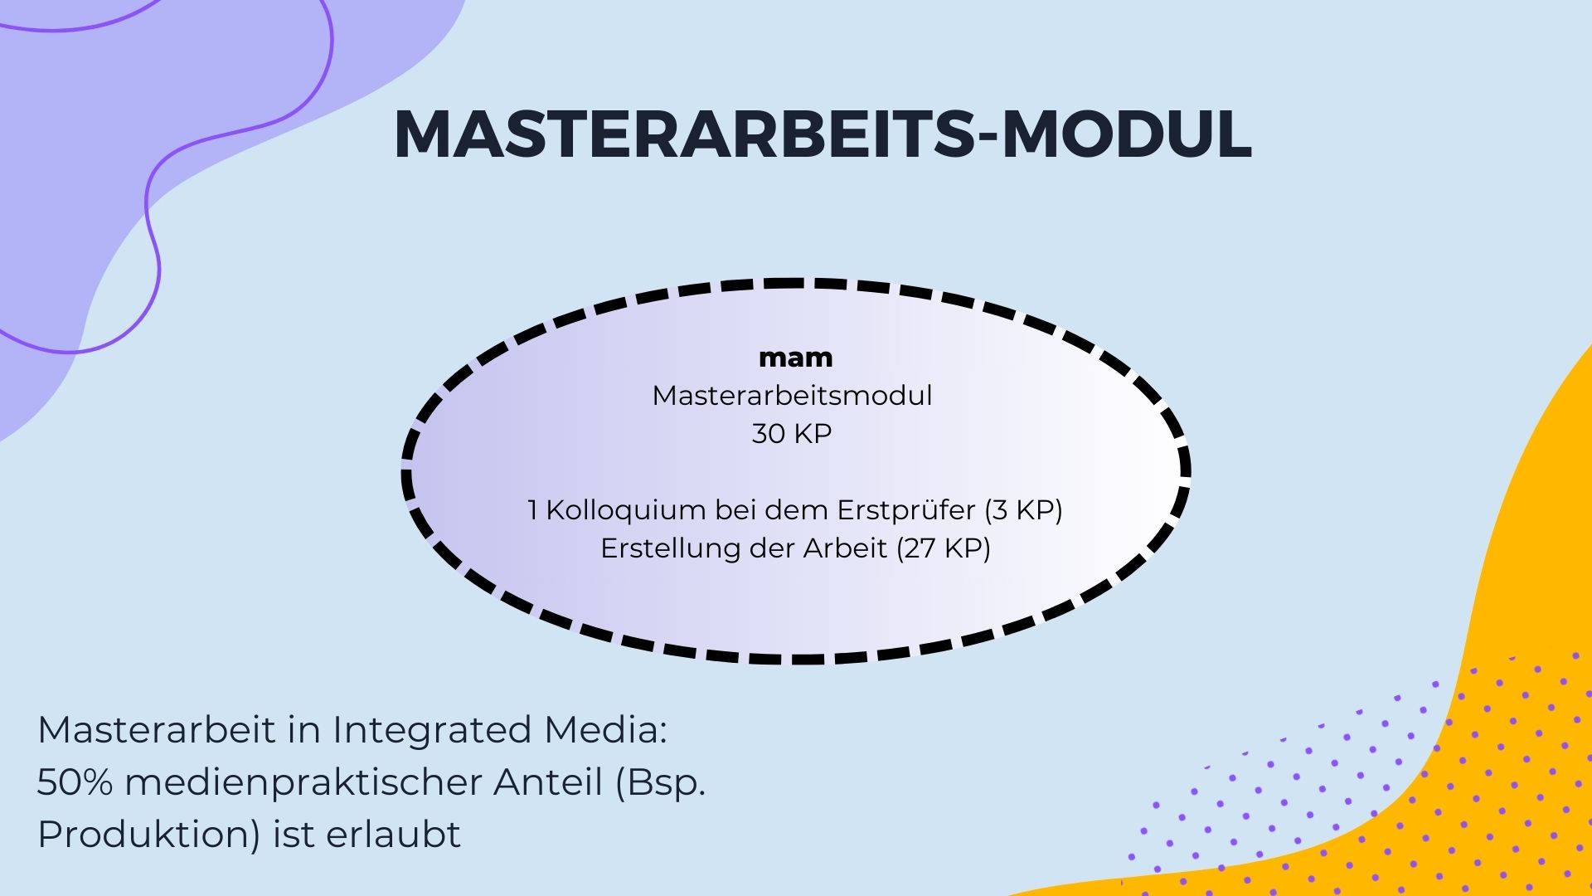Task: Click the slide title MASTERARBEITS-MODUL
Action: (x=823, y=134)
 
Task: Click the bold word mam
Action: (x=796, y=358)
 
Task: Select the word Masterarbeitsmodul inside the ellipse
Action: (x=792, y=396)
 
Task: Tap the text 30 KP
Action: (x=792, y=434)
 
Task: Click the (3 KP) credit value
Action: (x=1024, y=510)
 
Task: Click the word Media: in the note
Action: (x=606, y=730)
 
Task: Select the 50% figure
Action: (x=75, y=782)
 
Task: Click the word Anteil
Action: (x=548, y=782)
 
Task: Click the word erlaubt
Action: (x=393, y=835)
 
